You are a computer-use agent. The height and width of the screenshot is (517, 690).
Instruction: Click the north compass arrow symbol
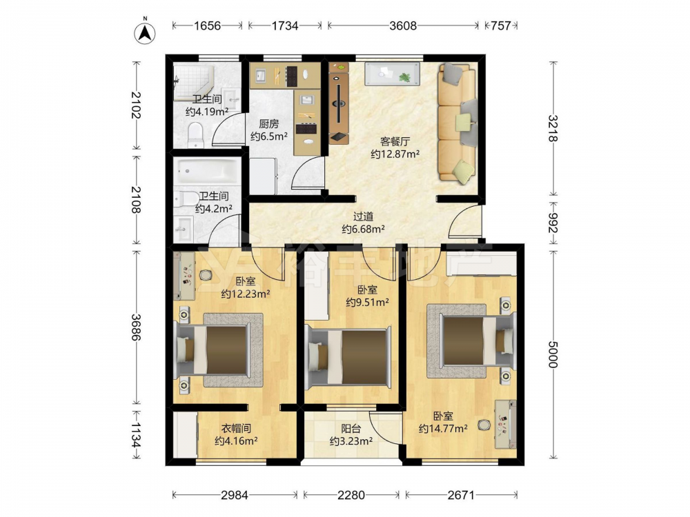coord(145,32)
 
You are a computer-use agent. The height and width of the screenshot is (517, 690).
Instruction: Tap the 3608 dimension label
coord(403,26)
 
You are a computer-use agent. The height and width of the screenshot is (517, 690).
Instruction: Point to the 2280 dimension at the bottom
coord(351,496)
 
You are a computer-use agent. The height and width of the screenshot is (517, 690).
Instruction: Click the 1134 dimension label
coord(136,435)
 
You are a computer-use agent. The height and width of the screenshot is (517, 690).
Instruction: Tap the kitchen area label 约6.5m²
coord(269,136)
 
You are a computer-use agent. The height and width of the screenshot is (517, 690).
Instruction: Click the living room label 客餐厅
coord(395,141)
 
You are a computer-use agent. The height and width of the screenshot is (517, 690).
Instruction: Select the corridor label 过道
coord(364,216)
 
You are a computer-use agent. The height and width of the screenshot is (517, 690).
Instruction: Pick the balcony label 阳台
coord(351,428)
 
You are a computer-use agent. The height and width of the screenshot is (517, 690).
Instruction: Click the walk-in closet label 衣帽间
coord(236,428)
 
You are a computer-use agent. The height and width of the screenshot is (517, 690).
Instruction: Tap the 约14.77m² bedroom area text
coord(443,429)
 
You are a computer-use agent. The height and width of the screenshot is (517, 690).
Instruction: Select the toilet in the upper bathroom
coord(195,135)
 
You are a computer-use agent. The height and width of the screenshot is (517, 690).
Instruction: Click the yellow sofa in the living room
coord(457,122)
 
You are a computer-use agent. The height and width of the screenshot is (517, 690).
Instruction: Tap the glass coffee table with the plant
coord(392,74)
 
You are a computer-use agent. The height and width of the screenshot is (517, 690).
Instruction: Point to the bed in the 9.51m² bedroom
coord(348,357)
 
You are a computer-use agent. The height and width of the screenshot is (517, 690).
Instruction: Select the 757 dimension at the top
coord(501,26)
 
